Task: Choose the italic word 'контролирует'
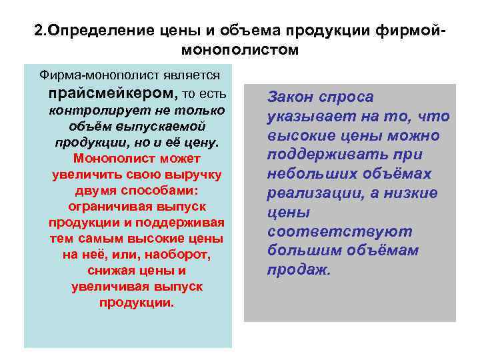tap(92, 109)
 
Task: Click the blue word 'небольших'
tap(310, 174)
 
